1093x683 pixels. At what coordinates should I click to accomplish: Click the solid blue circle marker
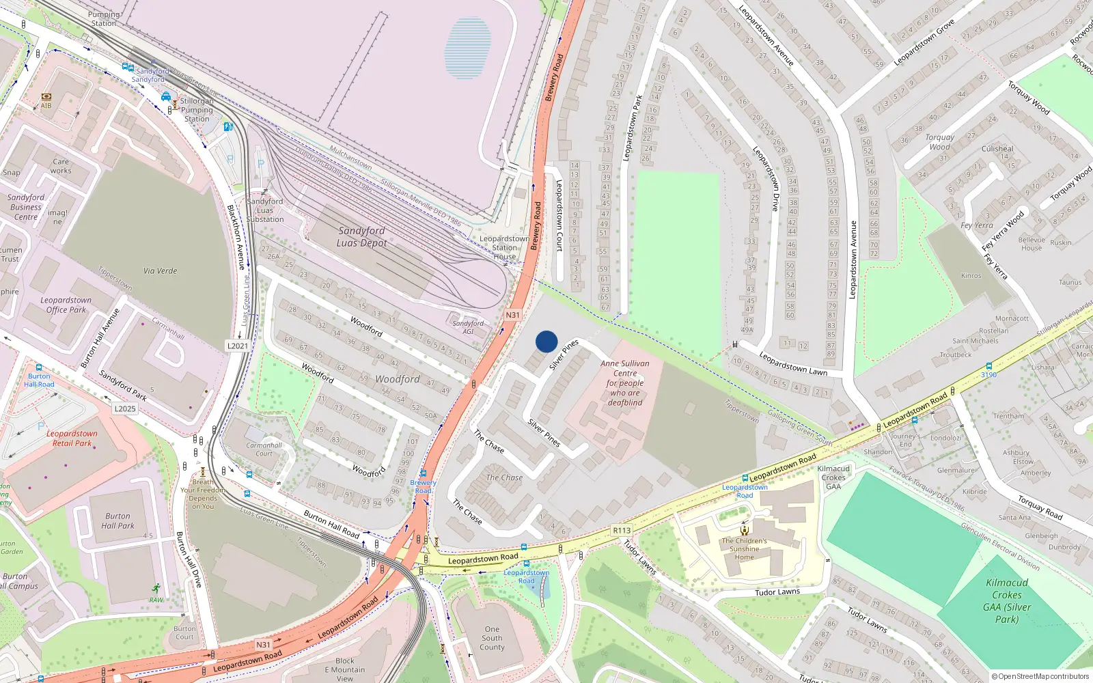pos(546,341)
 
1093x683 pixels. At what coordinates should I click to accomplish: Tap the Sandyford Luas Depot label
pos(361,237)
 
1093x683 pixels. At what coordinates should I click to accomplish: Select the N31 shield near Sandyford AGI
pos(512,315)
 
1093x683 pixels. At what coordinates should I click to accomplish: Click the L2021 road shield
pos(238,346)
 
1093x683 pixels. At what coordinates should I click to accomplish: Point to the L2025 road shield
pos(125,408)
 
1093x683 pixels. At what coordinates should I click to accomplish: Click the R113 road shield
pos(622,530)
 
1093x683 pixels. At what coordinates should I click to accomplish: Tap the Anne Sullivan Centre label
pos(625,382)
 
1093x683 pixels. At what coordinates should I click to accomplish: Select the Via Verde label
pos(160,270)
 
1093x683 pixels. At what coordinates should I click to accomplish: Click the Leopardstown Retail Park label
pos(72,438)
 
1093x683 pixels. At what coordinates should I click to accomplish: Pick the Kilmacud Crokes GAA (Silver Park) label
pos(1007,601)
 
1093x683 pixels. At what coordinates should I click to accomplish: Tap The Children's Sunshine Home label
pos(744,548)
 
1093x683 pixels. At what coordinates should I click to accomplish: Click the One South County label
pos(492,638)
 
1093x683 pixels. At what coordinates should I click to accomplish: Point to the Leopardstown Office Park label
pos(66,305)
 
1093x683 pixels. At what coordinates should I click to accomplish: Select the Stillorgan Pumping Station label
pos(197,109)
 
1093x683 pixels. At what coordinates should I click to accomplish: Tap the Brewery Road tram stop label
pos(424,486)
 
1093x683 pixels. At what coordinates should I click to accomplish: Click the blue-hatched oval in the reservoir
pos(467,48)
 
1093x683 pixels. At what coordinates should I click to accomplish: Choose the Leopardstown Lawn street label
pos(792,363)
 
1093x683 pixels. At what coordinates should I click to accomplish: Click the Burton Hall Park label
pos(117,521)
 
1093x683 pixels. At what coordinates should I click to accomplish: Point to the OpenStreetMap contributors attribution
pos(1040,676)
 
